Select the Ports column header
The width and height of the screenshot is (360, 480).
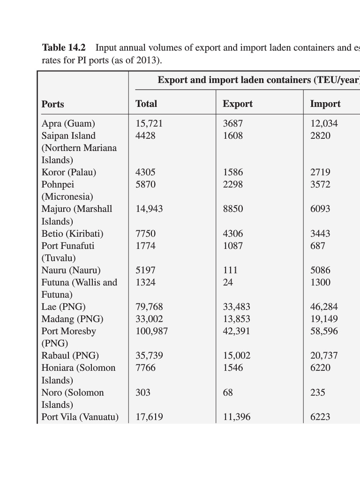coord(53,104)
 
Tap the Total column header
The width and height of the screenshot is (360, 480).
coord(146,104)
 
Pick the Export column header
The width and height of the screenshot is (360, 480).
coord(238,104)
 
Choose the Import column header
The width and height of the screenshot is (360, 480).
coord(325,104)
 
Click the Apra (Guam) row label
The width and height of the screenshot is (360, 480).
coord(68,124)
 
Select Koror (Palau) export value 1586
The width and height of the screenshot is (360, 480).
coord(233,172)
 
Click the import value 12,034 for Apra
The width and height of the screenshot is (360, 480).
coord(324,124)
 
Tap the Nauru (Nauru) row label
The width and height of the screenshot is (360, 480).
coord(71,270)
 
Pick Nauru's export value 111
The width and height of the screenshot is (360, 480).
coord(230,270)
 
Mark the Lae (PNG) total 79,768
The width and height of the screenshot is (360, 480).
coord(149,307)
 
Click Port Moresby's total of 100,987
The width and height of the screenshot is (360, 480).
coord(151,331)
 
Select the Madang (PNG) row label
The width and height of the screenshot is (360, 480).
coord(72,319)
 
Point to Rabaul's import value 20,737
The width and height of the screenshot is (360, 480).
coord(324,356)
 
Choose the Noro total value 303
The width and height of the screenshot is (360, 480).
coord(143,393)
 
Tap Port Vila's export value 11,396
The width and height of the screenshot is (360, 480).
coord(237,417)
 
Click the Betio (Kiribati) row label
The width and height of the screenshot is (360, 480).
coord(73,233)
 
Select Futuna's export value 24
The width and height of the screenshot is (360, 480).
coord(228,283)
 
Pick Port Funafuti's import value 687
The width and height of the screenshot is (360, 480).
coord(317,246)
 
